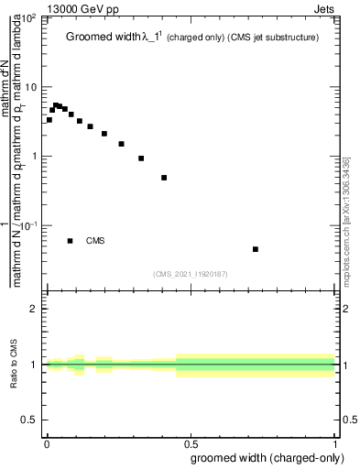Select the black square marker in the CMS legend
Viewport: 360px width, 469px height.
(71, 241)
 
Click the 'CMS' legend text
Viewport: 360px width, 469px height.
(96, 241)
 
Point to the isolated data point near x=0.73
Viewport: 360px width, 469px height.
(256, 249)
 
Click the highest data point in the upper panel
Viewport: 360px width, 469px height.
(56, 105)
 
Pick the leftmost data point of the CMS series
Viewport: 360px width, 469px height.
(49, 120)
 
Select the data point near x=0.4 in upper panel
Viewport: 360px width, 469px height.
(164, 178)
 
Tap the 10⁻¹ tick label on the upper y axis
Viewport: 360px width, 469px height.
(30, 225)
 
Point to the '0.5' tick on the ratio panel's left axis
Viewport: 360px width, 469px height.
(30, 420)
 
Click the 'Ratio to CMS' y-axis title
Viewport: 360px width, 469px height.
(15, 365)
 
